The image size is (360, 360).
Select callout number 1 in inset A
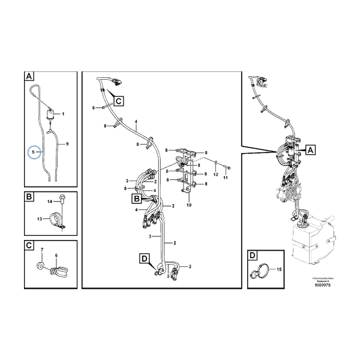[64, 113]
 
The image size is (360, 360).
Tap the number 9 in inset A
[67, 144]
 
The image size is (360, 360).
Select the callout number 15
[278, 269]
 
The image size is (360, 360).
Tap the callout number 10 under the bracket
[188, 205]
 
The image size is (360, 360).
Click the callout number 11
[226, 178]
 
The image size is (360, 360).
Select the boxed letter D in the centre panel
[145, 259]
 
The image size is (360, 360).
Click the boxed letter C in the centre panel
[118, 101]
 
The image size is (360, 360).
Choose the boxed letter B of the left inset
[29, 196]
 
